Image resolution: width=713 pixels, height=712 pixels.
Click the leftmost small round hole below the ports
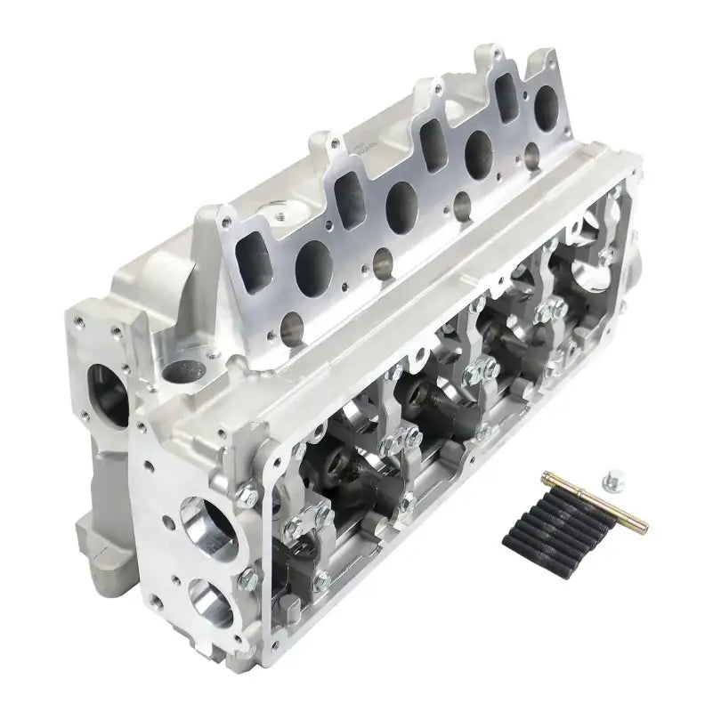click(290, 329)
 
